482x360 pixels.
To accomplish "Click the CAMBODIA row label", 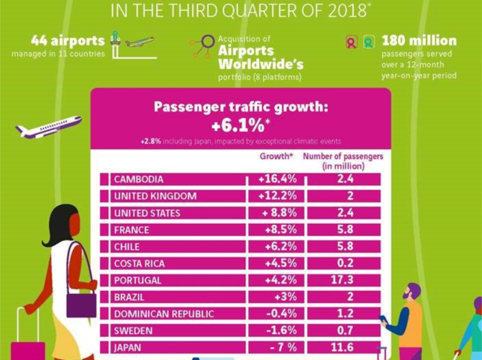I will click(139, 179).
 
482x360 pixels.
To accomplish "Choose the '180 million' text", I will click(419, 40).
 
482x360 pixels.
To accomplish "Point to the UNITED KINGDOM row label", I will click(155, 197).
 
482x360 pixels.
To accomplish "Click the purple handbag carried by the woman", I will click(81, 303).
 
